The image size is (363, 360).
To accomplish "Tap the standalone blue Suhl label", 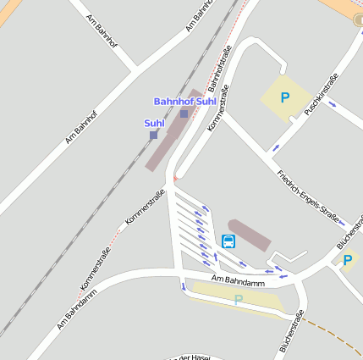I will coord(153,124).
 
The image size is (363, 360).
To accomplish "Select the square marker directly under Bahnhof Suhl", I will coord(184,114).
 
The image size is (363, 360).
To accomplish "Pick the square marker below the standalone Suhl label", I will coord(153,135).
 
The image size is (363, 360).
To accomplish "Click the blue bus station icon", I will coord(228,241).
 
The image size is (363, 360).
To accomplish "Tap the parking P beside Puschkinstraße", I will coord(284,98).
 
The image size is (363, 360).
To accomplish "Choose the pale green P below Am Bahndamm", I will coord(239,299).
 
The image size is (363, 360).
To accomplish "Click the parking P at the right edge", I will coord(347,260).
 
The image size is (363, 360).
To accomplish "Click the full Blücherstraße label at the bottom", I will coord(291,331).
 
